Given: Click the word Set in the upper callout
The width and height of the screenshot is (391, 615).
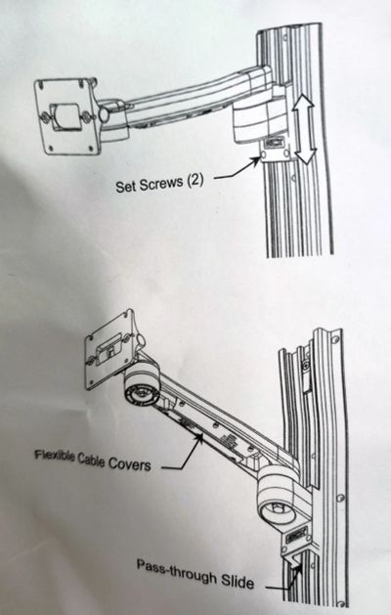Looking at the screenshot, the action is [x=126, y=187].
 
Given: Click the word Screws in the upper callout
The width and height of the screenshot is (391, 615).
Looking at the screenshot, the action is [x=161, y=184].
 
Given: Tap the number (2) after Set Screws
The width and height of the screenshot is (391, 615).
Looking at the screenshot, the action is [x=195, y=182].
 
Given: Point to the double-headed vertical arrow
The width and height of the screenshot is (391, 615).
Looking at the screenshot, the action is [x=305, y=129].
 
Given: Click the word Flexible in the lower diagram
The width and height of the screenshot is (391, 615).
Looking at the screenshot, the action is [x=55, y=456].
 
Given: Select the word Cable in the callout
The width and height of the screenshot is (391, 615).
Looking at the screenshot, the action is [x=91, y=460].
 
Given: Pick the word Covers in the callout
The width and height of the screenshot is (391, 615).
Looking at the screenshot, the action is [x=129, y=464].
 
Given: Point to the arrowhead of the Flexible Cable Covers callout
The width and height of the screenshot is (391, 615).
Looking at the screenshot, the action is [x=200, y=436].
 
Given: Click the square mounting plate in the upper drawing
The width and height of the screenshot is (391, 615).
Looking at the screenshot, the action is [x=66, y=116].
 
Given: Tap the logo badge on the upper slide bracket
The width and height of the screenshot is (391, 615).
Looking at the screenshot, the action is [x=272, y=143].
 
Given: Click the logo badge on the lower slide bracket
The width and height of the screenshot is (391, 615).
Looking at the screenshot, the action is [x=297, y=536].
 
